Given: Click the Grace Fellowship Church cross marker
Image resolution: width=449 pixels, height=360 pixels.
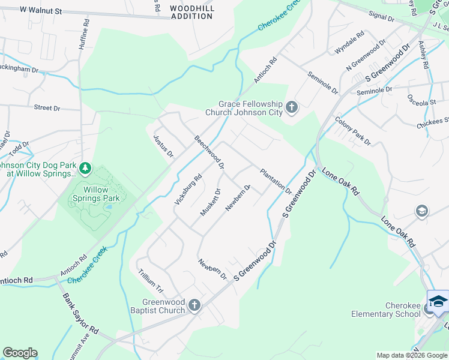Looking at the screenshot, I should pyautogui.click(x=292, y=107).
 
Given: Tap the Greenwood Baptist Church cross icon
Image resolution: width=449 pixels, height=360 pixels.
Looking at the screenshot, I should pyautogui.click(x=194, y=306).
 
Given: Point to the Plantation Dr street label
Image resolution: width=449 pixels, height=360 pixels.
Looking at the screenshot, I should pyautogui.click(x=276, y=182).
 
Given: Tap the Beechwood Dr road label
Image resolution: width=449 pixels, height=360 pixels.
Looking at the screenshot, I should pyautogui.click(x=209, y=152).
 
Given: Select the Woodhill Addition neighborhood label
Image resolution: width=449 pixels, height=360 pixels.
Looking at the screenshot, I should pyautogui.click(x=192, y=13).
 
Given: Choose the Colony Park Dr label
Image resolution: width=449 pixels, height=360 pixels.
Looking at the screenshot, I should pyautogui.click(x=353, y=131).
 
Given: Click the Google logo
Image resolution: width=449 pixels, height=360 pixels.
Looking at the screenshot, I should pyautogui.click(x=20, y=353).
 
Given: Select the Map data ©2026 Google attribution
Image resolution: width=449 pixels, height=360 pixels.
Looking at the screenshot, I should pyautogui.click(x=411, y=355).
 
